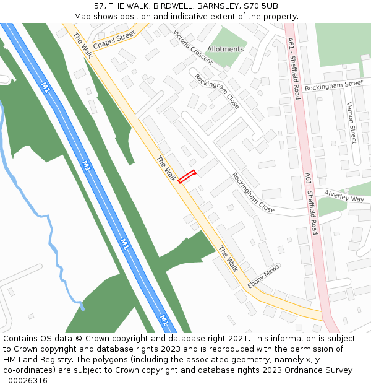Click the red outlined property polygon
[x=187, y=176]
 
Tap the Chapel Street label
[x=114, y=41]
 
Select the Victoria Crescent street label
[x=193, y=47]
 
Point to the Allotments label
[x=225, y=49]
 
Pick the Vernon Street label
[x=351, y=123]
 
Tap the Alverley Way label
[x=344, y=196]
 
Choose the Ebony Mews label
[x=264, y=277]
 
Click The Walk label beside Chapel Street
[x=82, y=45]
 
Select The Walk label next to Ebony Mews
[x=228, y=259]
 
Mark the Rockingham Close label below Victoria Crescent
[x=216, y=91]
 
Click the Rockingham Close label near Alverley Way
[x=253, y=193]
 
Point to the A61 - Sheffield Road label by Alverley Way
[x=310, y=204]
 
